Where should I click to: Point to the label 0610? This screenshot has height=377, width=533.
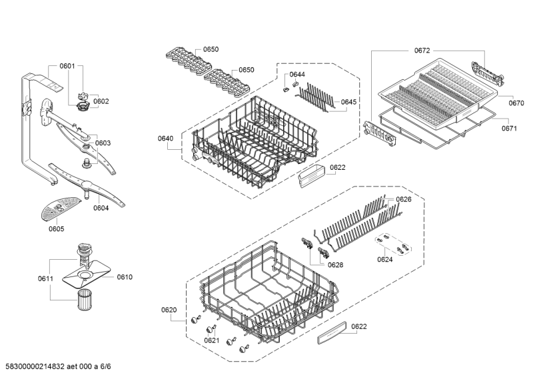coord(125,277)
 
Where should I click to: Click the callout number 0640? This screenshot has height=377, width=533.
coord(165,138)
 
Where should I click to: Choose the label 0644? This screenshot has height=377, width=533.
coord(297,74)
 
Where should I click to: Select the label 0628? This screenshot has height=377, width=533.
coord(335,264)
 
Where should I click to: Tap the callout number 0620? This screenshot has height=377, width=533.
coord(169,310)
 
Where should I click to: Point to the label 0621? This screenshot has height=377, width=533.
coord(211,340)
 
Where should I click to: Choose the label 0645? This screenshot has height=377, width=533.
coord(348,102)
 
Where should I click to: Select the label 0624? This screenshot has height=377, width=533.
coord(385,259)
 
